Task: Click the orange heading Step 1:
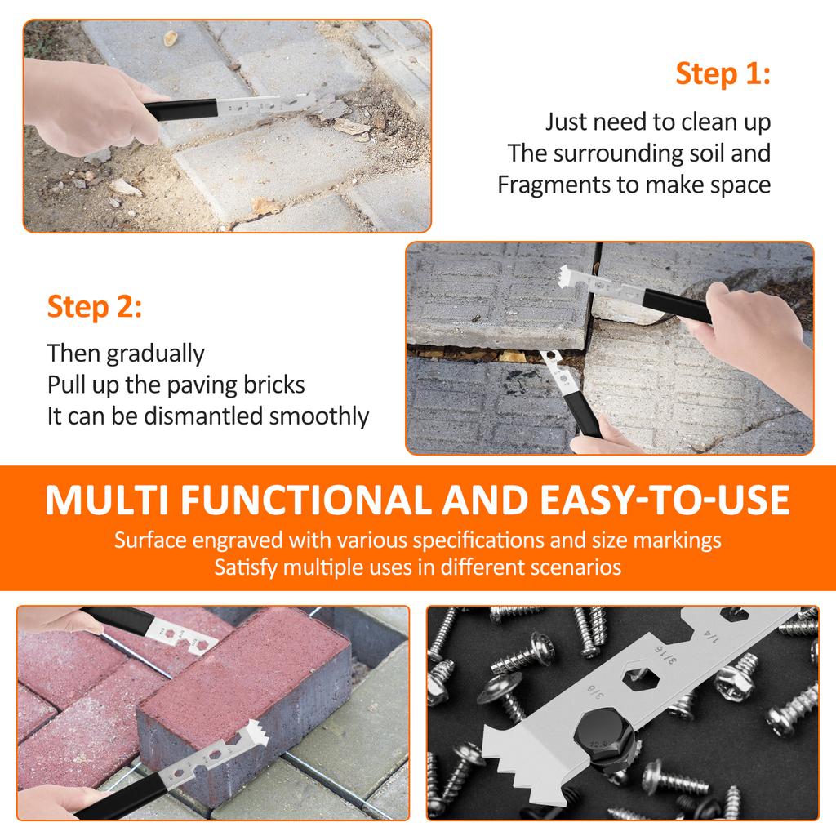[723, 73]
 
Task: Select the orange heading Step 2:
[95, 308]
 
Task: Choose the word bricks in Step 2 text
[269, 385]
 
